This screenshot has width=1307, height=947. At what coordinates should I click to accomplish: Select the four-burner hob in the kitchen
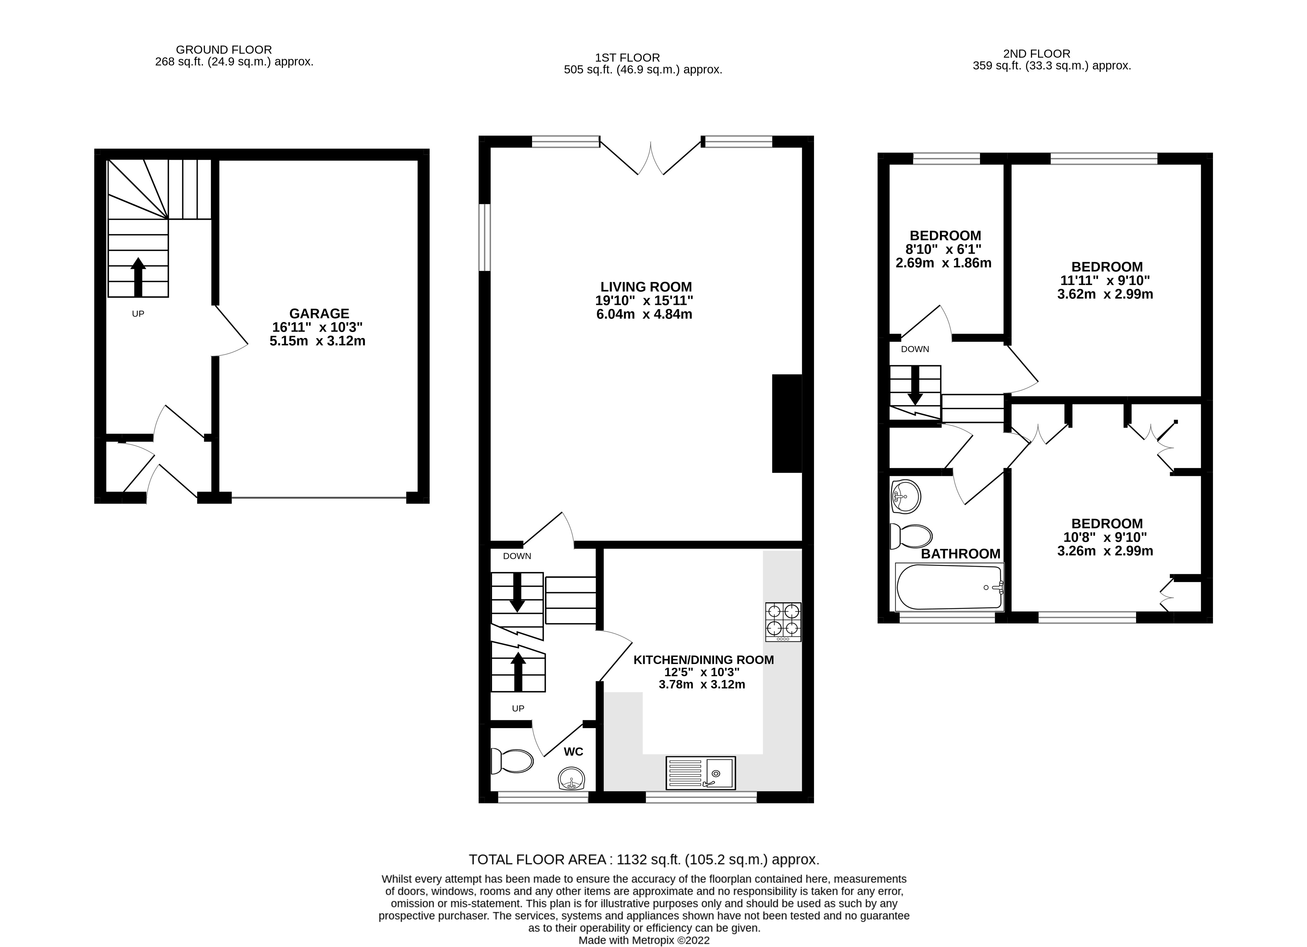coord(783,621)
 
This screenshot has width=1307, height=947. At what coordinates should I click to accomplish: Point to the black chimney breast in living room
coord(787,423)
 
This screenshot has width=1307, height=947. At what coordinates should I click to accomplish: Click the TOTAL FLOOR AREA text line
coord(644,860)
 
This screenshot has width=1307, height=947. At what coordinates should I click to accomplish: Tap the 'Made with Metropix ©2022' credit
coord(644,940)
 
